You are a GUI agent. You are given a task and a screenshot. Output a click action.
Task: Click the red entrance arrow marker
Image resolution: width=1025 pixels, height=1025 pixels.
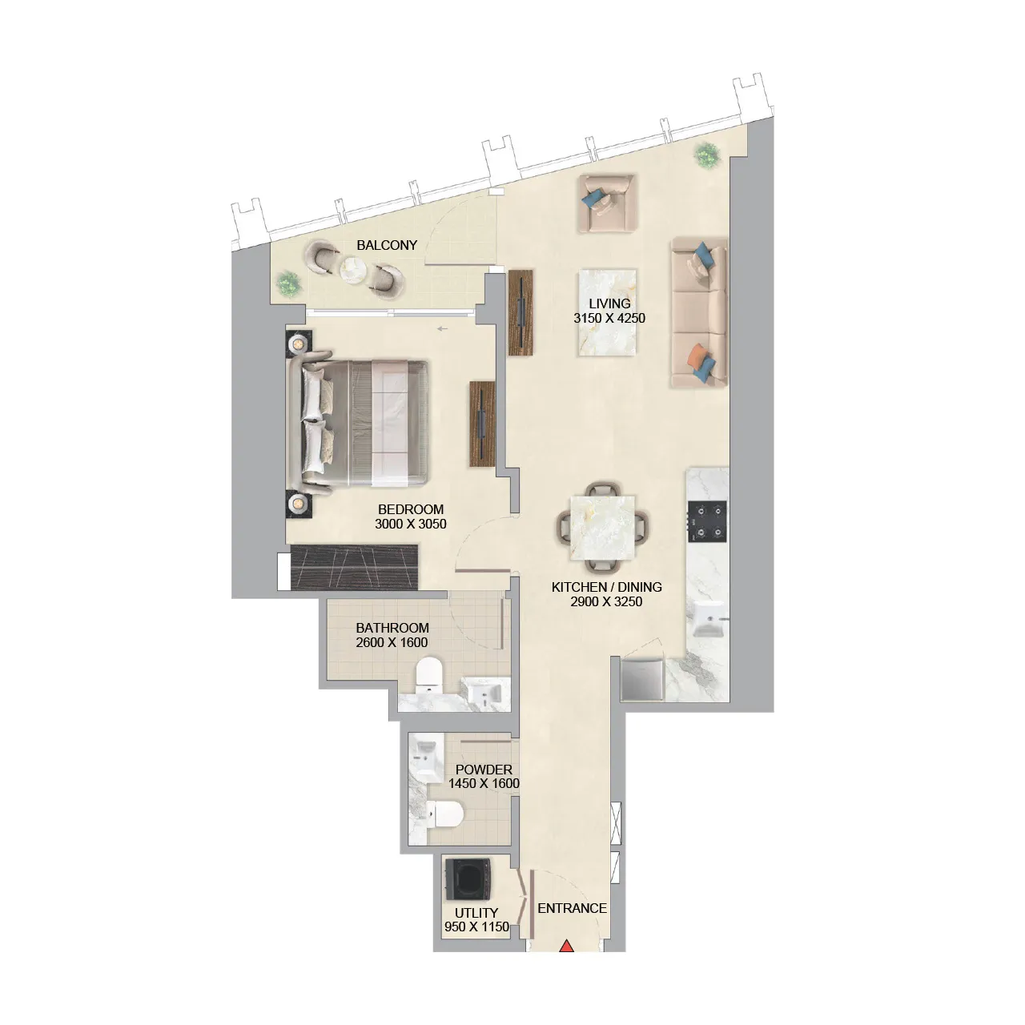[x=567, y=947]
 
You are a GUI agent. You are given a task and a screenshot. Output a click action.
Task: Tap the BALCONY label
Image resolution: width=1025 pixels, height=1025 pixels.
[x=387, y=245]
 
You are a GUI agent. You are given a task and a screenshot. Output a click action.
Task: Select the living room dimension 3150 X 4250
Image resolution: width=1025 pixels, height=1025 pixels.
[x=609, y=318]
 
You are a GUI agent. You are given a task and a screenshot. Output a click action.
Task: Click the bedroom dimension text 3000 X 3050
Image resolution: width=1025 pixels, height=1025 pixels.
[x=411, y=524]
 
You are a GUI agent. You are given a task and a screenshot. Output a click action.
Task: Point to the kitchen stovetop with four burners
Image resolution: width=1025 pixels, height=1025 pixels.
[x=708, y=521]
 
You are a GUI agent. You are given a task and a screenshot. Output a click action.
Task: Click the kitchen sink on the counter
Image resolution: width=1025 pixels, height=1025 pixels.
[x=709, y=621]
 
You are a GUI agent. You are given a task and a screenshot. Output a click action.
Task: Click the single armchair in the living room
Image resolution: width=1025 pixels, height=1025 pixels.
[x=606, y=204]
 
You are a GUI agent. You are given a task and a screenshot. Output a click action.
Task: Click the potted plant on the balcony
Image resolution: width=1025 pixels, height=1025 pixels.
[x=287, y=283]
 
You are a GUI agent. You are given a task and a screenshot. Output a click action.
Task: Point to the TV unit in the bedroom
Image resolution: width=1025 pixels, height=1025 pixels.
[x=483, y=424]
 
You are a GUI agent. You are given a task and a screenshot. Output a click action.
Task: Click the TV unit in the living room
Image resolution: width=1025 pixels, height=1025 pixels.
[x=521, y=311]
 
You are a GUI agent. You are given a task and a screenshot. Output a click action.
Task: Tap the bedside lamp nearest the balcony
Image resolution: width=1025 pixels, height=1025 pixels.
[x=297, y=344]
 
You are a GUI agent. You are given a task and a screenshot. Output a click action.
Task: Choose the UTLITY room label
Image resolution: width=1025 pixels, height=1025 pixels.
[x=476, y=913]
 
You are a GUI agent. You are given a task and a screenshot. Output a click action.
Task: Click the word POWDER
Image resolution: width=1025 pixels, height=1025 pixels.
[x=484, y=770]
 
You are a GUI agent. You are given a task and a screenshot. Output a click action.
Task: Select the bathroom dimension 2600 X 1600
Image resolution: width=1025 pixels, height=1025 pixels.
[x=392, y=642]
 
